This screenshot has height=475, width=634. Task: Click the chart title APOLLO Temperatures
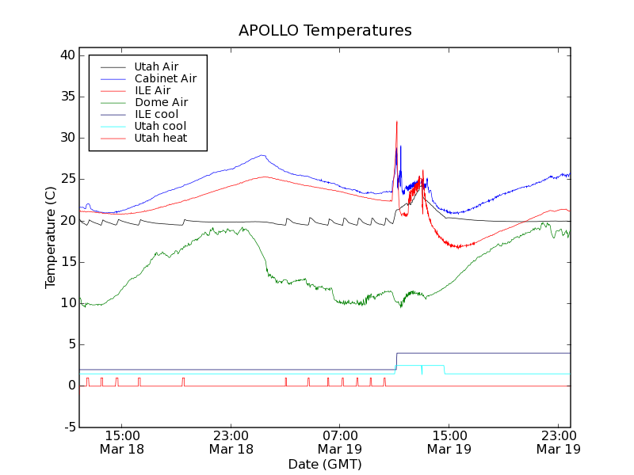pyautogui.click(x=325, y=31)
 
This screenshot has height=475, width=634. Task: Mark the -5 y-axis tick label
pyautogui.click(x=67, y=427)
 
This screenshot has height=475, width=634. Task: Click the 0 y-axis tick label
pyautogui.click(x=71, y=386)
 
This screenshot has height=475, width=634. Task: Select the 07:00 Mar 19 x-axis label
pyautogui.click(x=340, y=442)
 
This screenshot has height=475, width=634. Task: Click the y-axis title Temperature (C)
pyautogui.click(x=51, y=237)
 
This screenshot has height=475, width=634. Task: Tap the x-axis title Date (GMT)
pyautogui.click(x=325, y=464)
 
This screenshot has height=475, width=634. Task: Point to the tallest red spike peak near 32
pyautogui.click(x=396, y=121)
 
